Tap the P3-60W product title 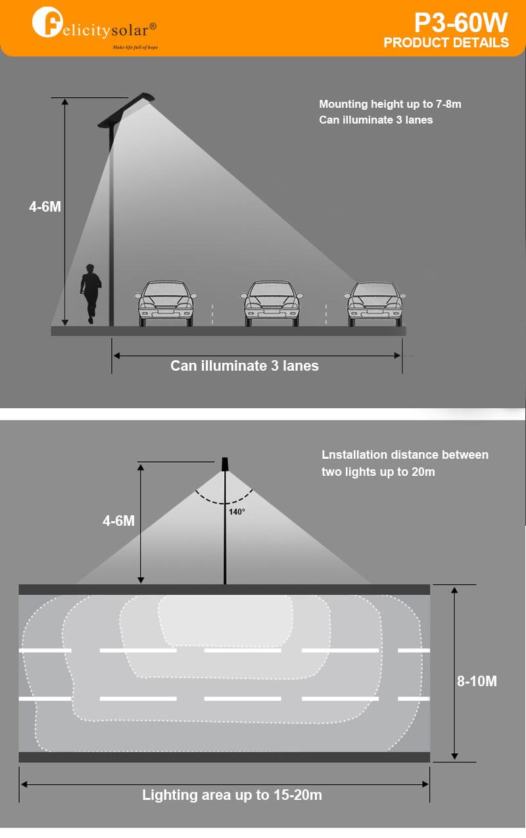(x=460, y=23)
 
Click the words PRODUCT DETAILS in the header (x=446, y=43)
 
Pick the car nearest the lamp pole (x=167, y=303)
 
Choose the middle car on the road (x=271, y=303)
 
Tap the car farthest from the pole (x=375, y=303)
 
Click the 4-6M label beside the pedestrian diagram (x=45, y=206)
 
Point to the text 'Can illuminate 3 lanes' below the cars (x=245, y=366)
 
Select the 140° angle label (x=237, y=511)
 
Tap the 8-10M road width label (x=477, y=681)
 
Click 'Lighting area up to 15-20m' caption (x=232, y=795)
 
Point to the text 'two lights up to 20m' (x=378, y=472)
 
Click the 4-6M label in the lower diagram (x=118, y=521)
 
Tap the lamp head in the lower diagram (x=225, y=464)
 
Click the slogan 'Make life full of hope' (x=135, y=47)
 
